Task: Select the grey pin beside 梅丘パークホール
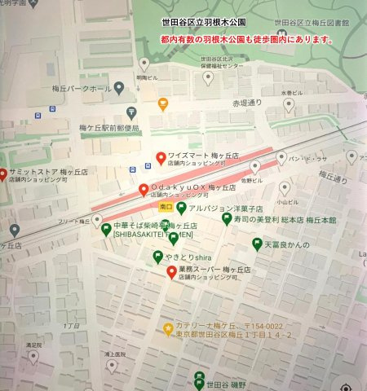pos(119,87)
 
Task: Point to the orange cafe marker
pos(163,103)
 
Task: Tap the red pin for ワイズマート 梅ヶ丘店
pos(161,158)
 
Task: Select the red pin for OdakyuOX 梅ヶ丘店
pos(144,190)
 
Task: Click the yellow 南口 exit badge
pos(166,207)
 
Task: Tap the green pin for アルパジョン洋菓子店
pos(181,208)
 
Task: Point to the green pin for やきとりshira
pos(158,257)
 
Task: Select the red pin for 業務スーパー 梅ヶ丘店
pos(171,271)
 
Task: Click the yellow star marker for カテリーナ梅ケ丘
pos(168,329)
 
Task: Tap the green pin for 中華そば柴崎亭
pos(106,227)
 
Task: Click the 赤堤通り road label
pos(248,104)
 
